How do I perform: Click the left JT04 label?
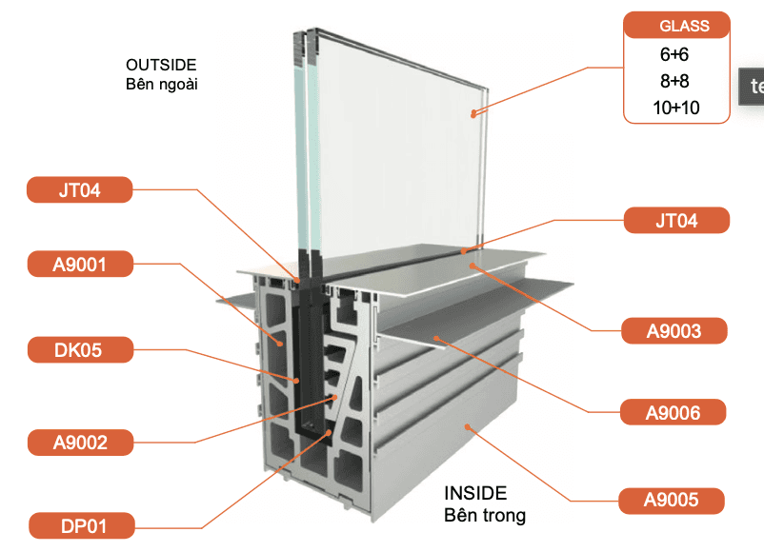point(78,190)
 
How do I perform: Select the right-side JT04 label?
point(676,221)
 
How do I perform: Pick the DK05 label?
point(78,350)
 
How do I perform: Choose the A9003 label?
point(674,331)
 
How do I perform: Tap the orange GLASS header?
point(677,27)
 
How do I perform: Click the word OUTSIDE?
point(161,65)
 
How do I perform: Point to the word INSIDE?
point(475,494)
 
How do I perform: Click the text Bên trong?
point(484,516)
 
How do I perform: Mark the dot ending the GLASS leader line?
point(472,113)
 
